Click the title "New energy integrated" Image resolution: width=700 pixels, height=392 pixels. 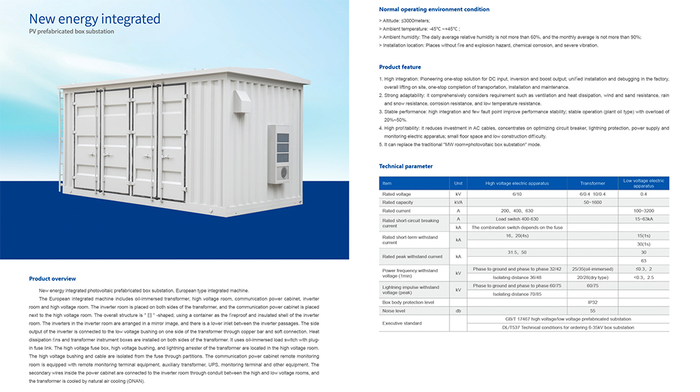(94, 18)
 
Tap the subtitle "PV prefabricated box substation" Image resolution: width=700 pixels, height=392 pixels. (71, 31)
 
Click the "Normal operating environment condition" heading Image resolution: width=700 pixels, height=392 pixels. (424, 9)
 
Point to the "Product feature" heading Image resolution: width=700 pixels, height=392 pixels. (400, 67)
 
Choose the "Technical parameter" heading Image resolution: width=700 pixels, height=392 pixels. (405, 167)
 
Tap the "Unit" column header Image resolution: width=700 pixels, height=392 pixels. (458, 183)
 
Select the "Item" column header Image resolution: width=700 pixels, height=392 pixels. (388, 183)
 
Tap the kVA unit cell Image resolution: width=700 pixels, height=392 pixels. (458, 202)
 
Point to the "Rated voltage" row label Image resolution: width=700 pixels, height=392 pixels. (396, 193)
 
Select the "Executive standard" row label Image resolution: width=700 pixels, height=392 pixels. (402, 323)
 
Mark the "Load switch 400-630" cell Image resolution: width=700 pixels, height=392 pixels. (517, 219)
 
